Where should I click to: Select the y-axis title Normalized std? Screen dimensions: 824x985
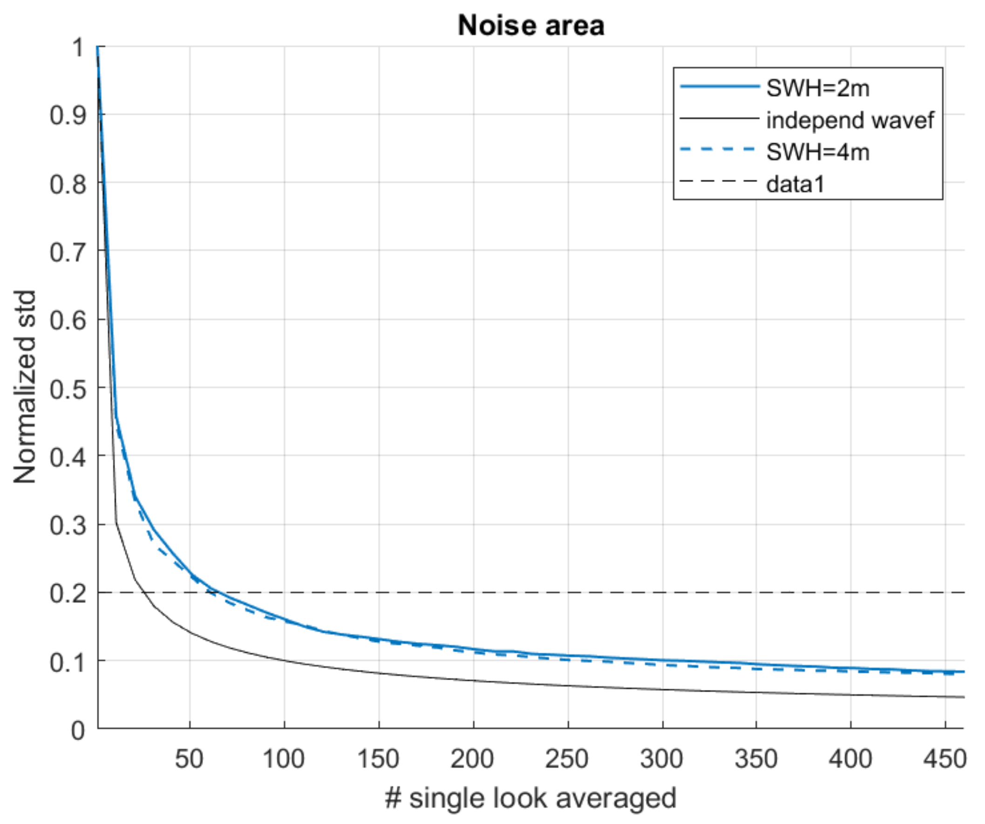tap(24, 387)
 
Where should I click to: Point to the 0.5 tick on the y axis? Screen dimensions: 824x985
tap(68, 388)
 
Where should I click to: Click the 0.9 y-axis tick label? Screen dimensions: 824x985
tap(68, 115)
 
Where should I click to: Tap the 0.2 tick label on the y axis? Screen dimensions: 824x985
tap(68, 593)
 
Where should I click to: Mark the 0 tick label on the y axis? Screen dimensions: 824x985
tap(78, 730)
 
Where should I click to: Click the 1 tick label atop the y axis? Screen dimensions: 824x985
tap(78, 47)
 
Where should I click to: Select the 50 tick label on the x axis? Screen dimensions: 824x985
tap(189, 759)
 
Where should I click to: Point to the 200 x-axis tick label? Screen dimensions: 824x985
tap(472, 759)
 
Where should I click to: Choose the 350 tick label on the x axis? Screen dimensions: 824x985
tap(756, 759)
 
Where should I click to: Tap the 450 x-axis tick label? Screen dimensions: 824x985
tap(944, 759)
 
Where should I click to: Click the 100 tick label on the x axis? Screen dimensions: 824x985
tap(284, 759)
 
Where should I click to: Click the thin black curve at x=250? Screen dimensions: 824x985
tap(568, 686)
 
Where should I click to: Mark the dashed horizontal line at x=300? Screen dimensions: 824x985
tap(662, 593)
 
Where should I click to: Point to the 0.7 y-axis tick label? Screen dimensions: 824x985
tap(68, 252)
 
